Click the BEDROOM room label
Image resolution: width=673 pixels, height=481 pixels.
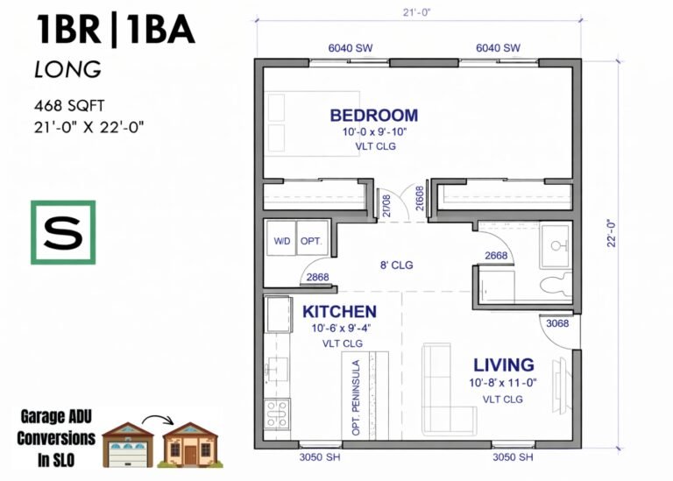pos(374,116)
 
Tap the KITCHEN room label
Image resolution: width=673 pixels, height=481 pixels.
pos(339,312)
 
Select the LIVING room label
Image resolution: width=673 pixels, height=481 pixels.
pos(504,365)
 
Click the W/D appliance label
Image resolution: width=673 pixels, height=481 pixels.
pos(282,241)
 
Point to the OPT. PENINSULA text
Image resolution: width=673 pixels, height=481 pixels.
pos(356,398)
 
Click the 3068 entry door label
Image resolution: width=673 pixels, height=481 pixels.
pos(557,323)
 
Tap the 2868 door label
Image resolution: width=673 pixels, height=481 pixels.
pos(317,277)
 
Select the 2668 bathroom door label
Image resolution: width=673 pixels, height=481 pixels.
pos(496,256)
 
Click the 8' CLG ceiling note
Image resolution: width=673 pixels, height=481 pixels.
pos(396,265)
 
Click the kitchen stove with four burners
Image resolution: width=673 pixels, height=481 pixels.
pos(277,414)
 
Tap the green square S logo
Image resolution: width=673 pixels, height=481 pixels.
pos(63,232)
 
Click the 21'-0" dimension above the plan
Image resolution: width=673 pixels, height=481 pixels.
pos(416,12)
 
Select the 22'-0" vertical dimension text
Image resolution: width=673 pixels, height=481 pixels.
pos(611,233)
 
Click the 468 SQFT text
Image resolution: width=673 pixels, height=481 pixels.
pos(69,105)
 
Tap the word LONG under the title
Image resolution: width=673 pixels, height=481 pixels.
pos(67,69)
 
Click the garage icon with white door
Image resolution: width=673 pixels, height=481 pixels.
pos(127,445)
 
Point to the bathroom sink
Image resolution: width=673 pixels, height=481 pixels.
pos(556,246)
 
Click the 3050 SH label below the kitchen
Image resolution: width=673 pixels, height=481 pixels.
pos(320,457)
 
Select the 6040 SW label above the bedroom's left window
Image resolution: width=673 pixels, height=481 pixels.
pos(351,48)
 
